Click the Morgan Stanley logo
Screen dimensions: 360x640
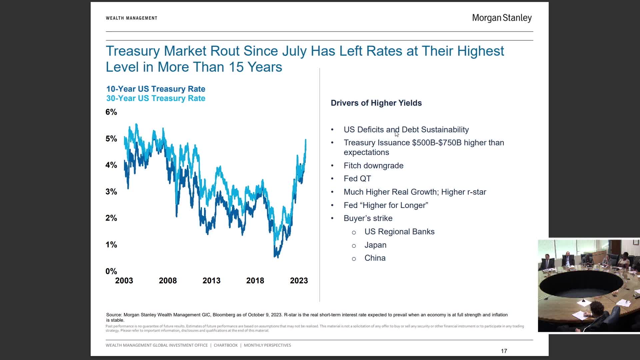coord(502,18)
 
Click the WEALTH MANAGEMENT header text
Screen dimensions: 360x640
coord(131,18)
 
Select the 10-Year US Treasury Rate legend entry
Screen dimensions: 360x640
coord(156,89)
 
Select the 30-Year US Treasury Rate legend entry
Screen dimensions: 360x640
coord(156,98)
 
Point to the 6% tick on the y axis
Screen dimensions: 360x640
coord(111,112)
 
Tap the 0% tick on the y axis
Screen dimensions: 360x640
coord(111,271)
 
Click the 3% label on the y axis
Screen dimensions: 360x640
coord(111,192)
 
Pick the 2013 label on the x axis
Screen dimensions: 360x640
coord(211,281)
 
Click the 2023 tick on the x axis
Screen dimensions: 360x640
coord(299,281)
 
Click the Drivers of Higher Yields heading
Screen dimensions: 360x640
coord(376,103)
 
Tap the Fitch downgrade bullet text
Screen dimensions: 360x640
coord(373,166)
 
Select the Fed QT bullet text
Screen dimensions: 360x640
coord(357,179)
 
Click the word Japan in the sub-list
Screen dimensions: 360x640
coord(375,245)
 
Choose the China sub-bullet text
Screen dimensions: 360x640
coord(375,258)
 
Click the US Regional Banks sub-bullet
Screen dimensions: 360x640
coord(399,232)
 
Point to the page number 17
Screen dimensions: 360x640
coord(504,351)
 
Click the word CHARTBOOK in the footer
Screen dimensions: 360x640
coord(226,345)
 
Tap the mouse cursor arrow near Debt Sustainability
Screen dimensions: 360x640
coord(396,134)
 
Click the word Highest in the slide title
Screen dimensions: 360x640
coord(480,51)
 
